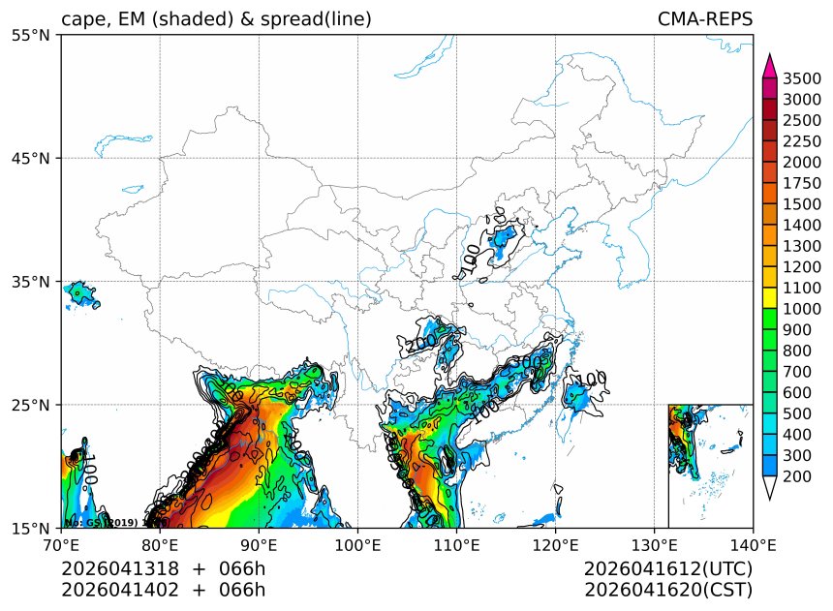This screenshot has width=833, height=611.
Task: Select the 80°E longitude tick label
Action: click(160, 545)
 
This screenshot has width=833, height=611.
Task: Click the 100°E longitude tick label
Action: click(357, 545)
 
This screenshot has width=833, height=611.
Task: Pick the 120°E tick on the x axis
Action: click(555, 545)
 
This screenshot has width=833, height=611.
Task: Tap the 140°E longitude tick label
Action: click(753, 545)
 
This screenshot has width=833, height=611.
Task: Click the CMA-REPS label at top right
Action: click(704, 19)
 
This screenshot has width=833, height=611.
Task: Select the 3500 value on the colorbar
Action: click(803, 78)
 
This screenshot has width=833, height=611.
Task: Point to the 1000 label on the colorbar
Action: click(803, 308)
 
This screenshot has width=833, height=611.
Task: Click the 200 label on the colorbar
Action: click(803, 476)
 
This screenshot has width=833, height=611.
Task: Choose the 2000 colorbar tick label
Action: click(803, 162)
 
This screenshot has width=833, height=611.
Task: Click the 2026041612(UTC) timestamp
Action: click(668, 568)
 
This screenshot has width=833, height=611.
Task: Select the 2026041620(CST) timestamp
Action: click(668, 589)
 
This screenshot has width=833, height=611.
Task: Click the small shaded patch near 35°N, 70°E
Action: click(81, 292)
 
